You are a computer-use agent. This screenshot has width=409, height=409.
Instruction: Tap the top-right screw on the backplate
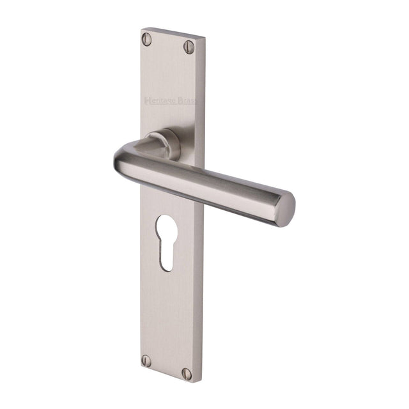coord(189,46)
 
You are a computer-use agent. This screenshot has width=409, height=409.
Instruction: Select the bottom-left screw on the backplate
coord(146,360)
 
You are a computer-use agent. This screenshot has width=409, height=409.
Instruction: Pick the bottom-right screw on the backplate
coord(186,373)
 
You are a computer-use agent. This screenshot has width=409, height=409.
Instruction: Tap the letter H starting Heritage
coord(148,99)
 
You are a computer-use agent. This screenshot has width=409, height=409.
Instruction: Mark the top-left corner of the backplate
coord(141,28)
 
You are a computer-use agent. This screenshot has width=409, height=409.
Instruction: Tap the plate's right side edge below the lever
coord(201,288)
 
